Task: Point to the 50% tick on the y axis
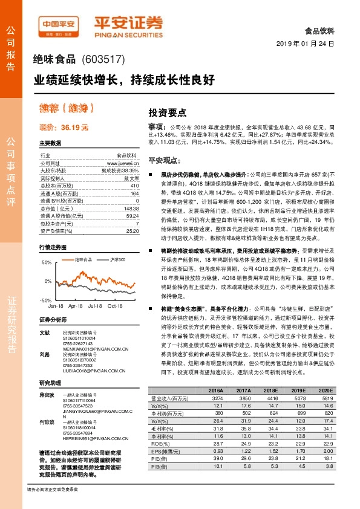[47, 263]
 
